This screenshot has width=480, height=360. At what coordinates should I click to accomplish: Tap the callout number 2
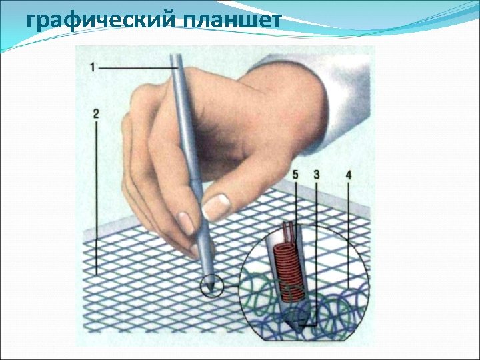coord(97,114)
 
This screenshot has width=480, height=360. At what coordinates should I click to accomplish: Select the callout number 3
coord(316,174)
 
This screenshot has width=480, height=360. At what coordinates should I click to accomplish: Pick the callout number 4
coord(348,174)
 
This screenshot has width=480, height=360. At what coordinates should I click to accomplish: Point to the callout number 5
coord(297,174)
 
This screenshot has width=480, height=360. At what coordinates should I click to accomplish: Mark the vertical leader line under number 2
coord(97,200)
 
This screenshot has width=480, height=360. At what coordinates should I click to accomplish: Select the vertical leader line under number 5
coord(297,200)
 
